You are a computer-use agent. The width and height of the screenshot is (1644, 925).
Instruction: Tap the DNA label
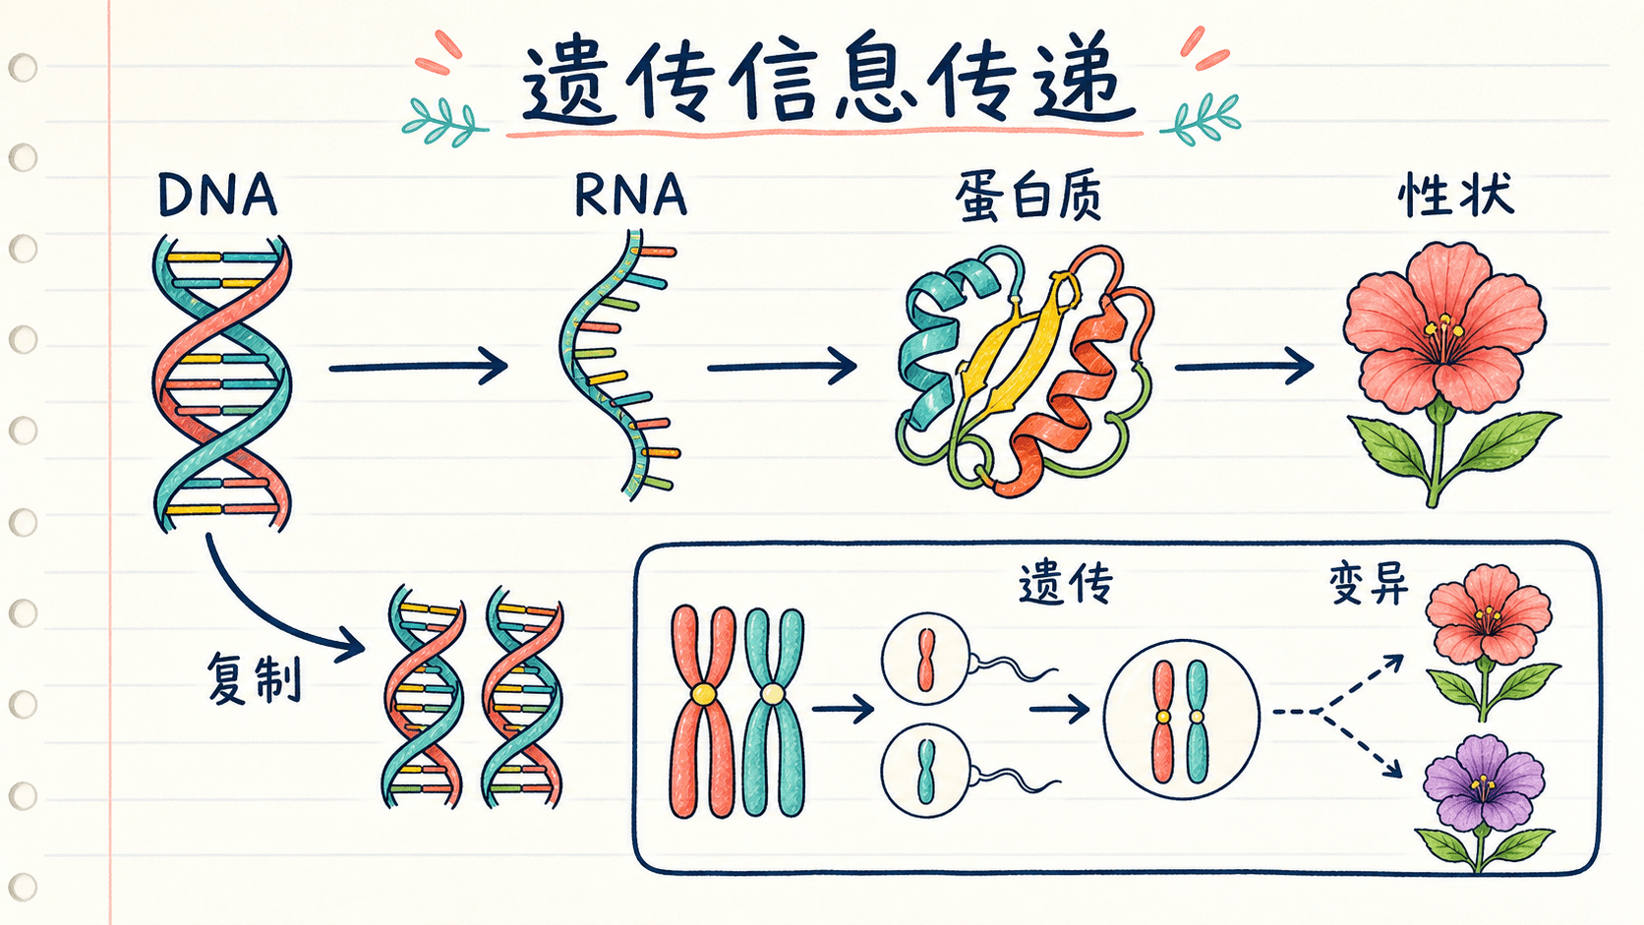point(218,195)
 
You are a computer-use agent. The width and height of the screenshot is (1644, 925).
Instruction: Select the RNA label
point(630,195)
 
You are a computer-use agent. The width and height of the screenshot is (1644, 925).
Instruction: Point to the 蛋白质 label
point(1028,197)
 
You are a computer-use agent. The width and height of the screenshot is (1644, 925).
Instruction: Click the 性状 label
point(1455,195)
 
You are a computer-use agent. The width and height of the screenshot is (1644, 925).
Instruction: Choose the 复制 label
point(254,678)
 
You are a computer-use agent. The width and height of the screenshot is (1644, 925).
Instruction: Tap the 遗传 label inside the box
point(1066,585)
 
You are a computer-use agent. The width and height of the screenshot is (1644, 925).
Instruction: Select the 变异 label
point(1369,584)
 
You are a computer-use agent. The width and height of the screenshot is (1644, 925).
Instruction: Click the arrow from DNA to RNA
point(418,366)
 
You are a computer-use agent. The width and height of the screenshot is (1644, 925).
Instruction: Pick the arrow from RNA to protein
point(783,366)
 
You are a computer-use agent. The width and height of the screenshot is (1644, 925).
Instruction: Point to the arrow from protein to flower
point(1244,366)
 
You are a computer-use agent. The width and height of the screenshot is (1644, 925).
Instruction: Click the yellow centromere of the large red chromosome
point(702,694)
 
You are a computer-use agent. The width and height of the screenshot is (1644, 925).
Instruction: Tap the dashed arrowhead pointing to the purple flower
point(1391,768)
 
